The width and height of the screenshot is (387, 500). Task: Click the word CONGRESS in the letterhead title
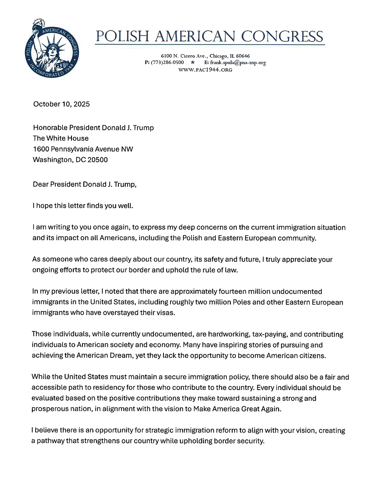coord(282,36)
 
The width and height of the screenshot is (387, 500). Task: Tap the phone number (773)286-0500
coord(167,62)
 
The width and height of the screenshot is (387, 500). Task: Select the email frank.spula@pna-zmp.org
coord(238,62)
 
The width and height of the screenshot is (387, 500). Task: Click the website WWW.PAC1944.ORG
coord(205,70)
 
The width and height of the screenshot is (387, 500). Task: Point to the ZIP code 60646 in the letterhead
coord(243,56)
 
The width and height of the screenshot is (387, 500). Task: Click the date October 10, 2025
coord(62,104)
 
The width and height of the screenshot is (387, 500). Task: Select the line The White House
coord(61,138)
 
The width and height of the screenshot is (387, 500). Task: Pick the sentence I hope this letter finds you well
coord(83,206)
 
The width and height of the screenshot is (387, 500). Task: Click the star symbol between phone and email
coord(193,62)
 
